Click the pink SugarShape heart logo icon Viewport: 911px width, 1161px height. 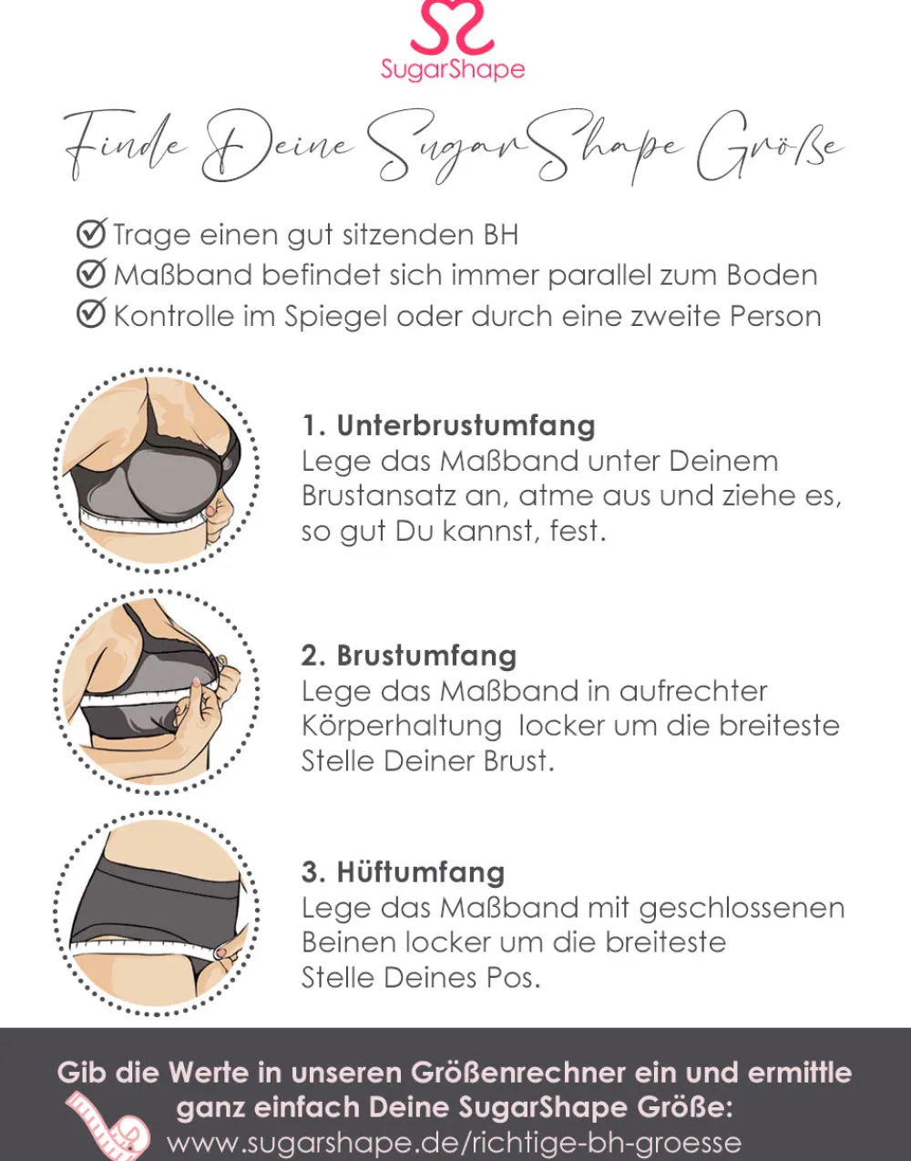tap(452, 26)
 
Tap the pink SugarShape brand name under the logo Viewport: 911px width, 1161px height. tap(453, 70)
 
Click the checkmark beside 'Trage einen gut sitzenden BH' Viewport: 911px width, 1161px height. tap(91, 233)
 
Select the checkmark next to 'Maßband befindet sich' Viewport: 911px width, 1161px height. tap(91, 273)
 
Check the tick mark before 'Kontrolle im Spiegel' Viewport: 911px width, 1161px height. tap(91, 313)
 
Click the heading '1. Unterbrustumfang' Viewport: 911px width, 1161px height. tap(448, 426)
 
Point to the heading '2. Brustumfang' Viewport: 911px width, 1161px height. tap(409, 656)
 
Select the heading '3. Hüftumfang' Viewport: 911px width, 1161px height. tap(403, 872)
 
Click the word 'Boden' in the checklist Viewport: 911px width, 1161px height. tap(772, 275)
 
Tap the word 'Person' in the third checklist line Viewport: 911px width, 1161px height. tap(774, 316)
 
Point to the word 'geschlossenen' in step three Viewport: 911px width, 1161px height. tap(742, 909)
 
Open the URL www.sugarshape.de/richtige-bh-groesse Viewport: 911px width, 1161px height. tap(455, 1143)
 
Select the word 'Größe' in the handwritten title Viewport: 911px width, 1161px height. tap(770, 147)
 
